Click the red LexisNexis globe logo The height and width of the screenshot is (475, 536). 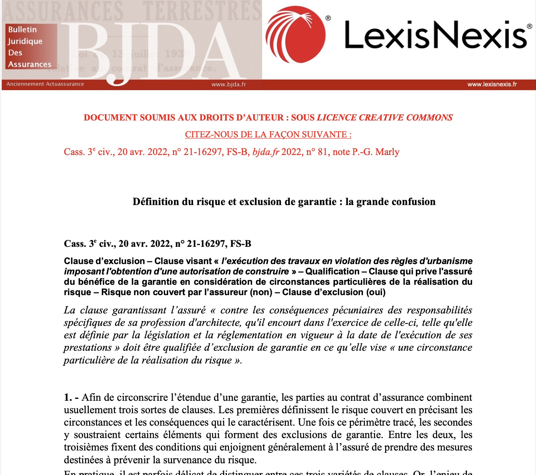(296, 35)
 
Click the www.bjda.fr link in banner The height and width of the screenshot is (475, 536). (229, 84)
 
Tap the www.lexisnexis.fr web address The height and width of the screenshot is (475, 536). (492, 84)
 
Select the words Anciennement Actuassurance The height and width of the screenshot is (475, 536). (45, 84)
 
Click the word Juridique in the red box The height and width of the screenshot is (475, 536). (25, 41)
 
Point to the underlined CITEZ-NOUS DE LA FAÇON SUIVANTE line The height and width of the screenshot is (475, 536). (268, 135)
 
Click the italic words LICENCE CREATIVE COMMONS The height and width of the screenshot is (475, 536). (385, 118)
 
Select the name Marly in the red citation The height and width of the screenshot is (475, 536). (387, 152)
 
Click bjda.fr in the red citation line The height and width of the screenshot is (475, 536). (266, 152)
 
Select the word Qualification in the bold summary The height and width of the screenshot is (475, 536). (332, 272)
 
